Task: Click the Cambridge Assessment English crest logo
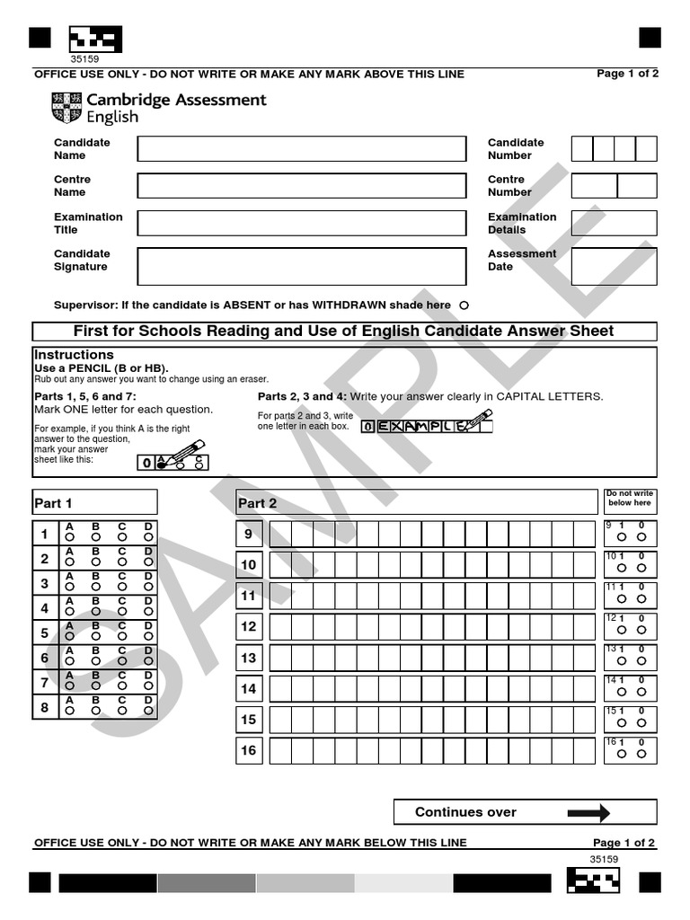coord(66,109)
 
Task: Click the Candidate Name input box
coord(301,149)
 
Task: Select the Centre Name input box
coord(301,186)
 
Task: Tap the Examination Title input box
coord(301,223)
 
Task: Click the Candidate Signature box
coord(301,266)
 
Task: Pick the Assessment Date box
coord(614,266)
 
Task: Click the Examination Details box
coord(614,223)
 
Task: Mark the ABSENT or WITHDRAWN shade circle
coord(464,305)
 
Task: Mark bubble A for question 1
coord(69,537)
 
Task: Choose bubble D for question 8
coord(148,711)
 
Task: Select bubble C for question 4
coord(122,612)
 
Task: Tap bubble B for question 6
coord(95,661)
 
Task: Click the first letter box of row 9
coord(280,535)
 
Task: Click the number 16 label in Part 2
coord(248,750)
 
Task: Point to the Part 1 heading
coord(53,503)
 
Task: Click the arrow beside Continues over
coord(588,812)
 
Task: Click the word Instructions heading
coord(74,355)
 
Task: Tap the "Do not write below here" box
coord(629,499)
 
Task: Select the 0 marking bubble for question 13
coord(641,661)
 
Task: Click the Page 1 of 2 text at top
coord(627,74)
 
